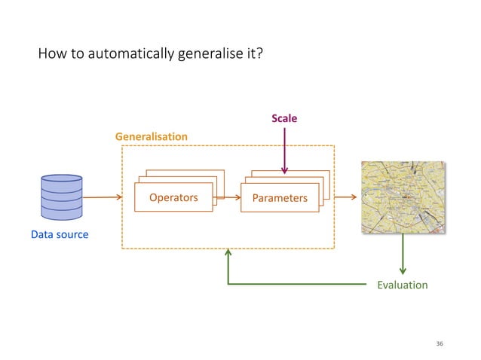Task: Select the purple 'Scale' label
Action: click(x=284, y=118)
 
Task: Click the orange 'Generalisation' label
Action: click(x=151, y=136)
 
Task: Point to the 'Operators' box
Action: click(x=173, y=198)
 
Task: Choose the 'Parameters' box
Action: click(x=280, y=198)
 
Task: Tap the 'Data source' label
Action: click(x=60, y=235)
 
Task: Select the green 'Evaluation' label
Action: click(x=402, y=285)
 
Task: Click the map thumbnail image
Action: click(x=403, y=198)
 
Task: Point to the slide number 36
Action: click(x=440, y=343)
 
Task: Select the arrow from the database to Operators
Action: click(x=103, y=198)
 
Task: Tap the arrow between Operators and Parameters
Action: click(x=228, y=198)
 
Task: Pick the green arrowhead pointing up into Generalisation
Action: click(x=228, y=256)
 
